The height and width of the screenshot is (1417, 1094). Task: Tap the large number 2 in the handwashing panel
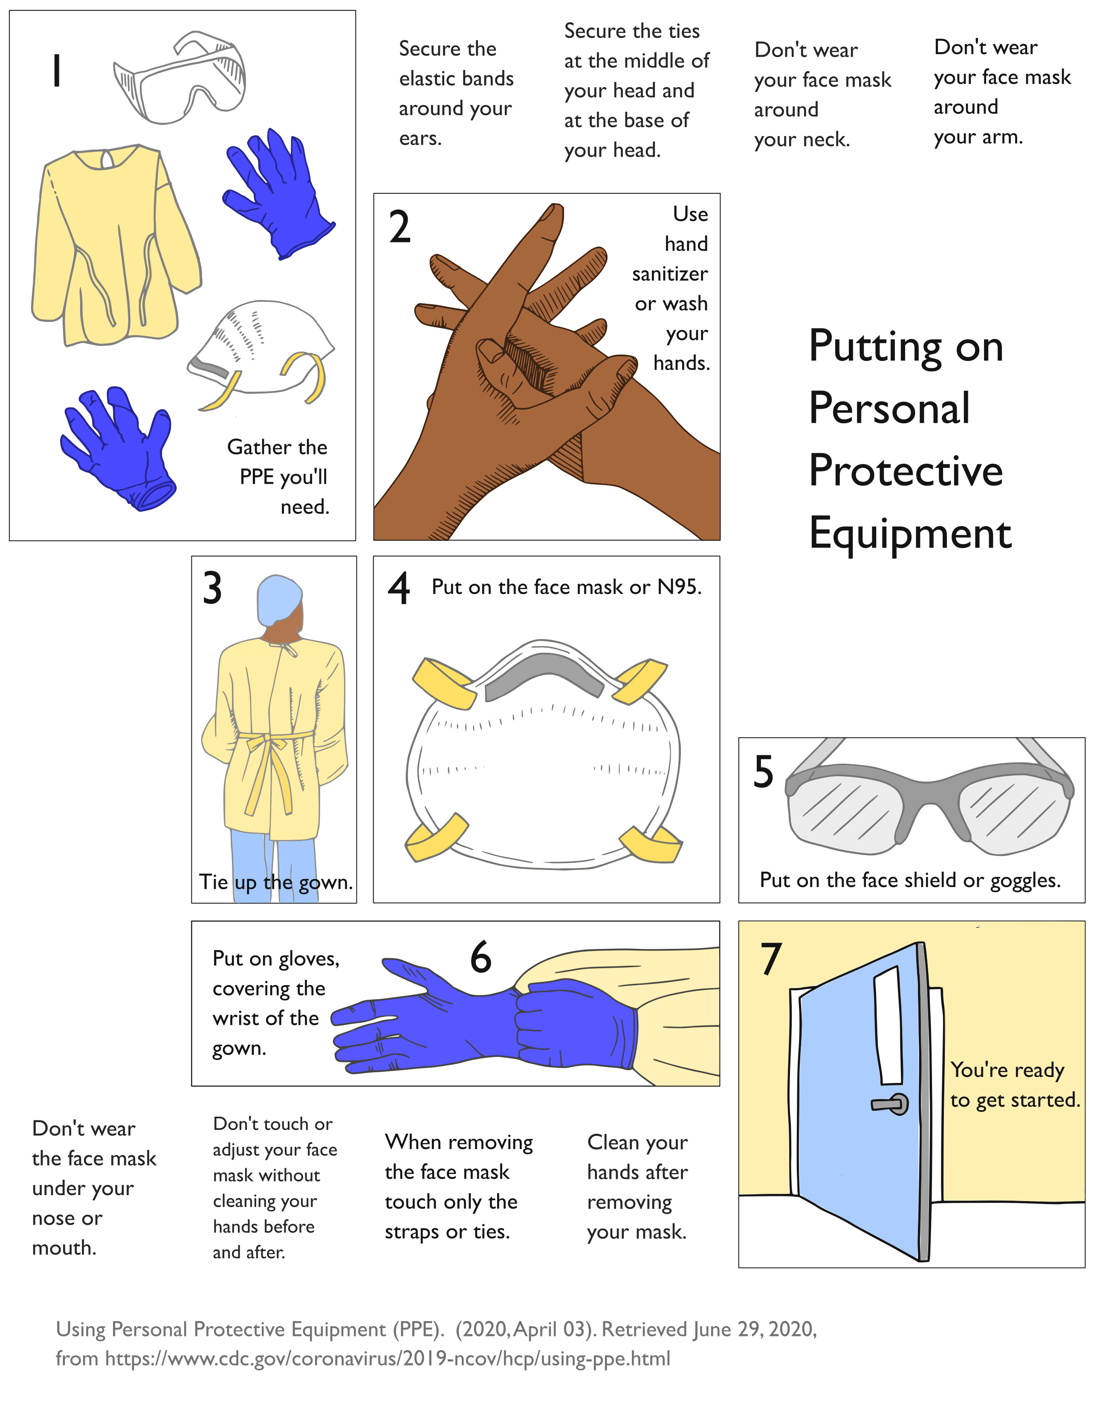point(399,228)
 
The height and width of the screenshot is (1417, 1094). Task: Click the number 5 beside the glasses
point(763,772)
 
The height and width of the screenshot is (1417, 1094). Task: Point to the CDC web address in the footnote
point(387,1359)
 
